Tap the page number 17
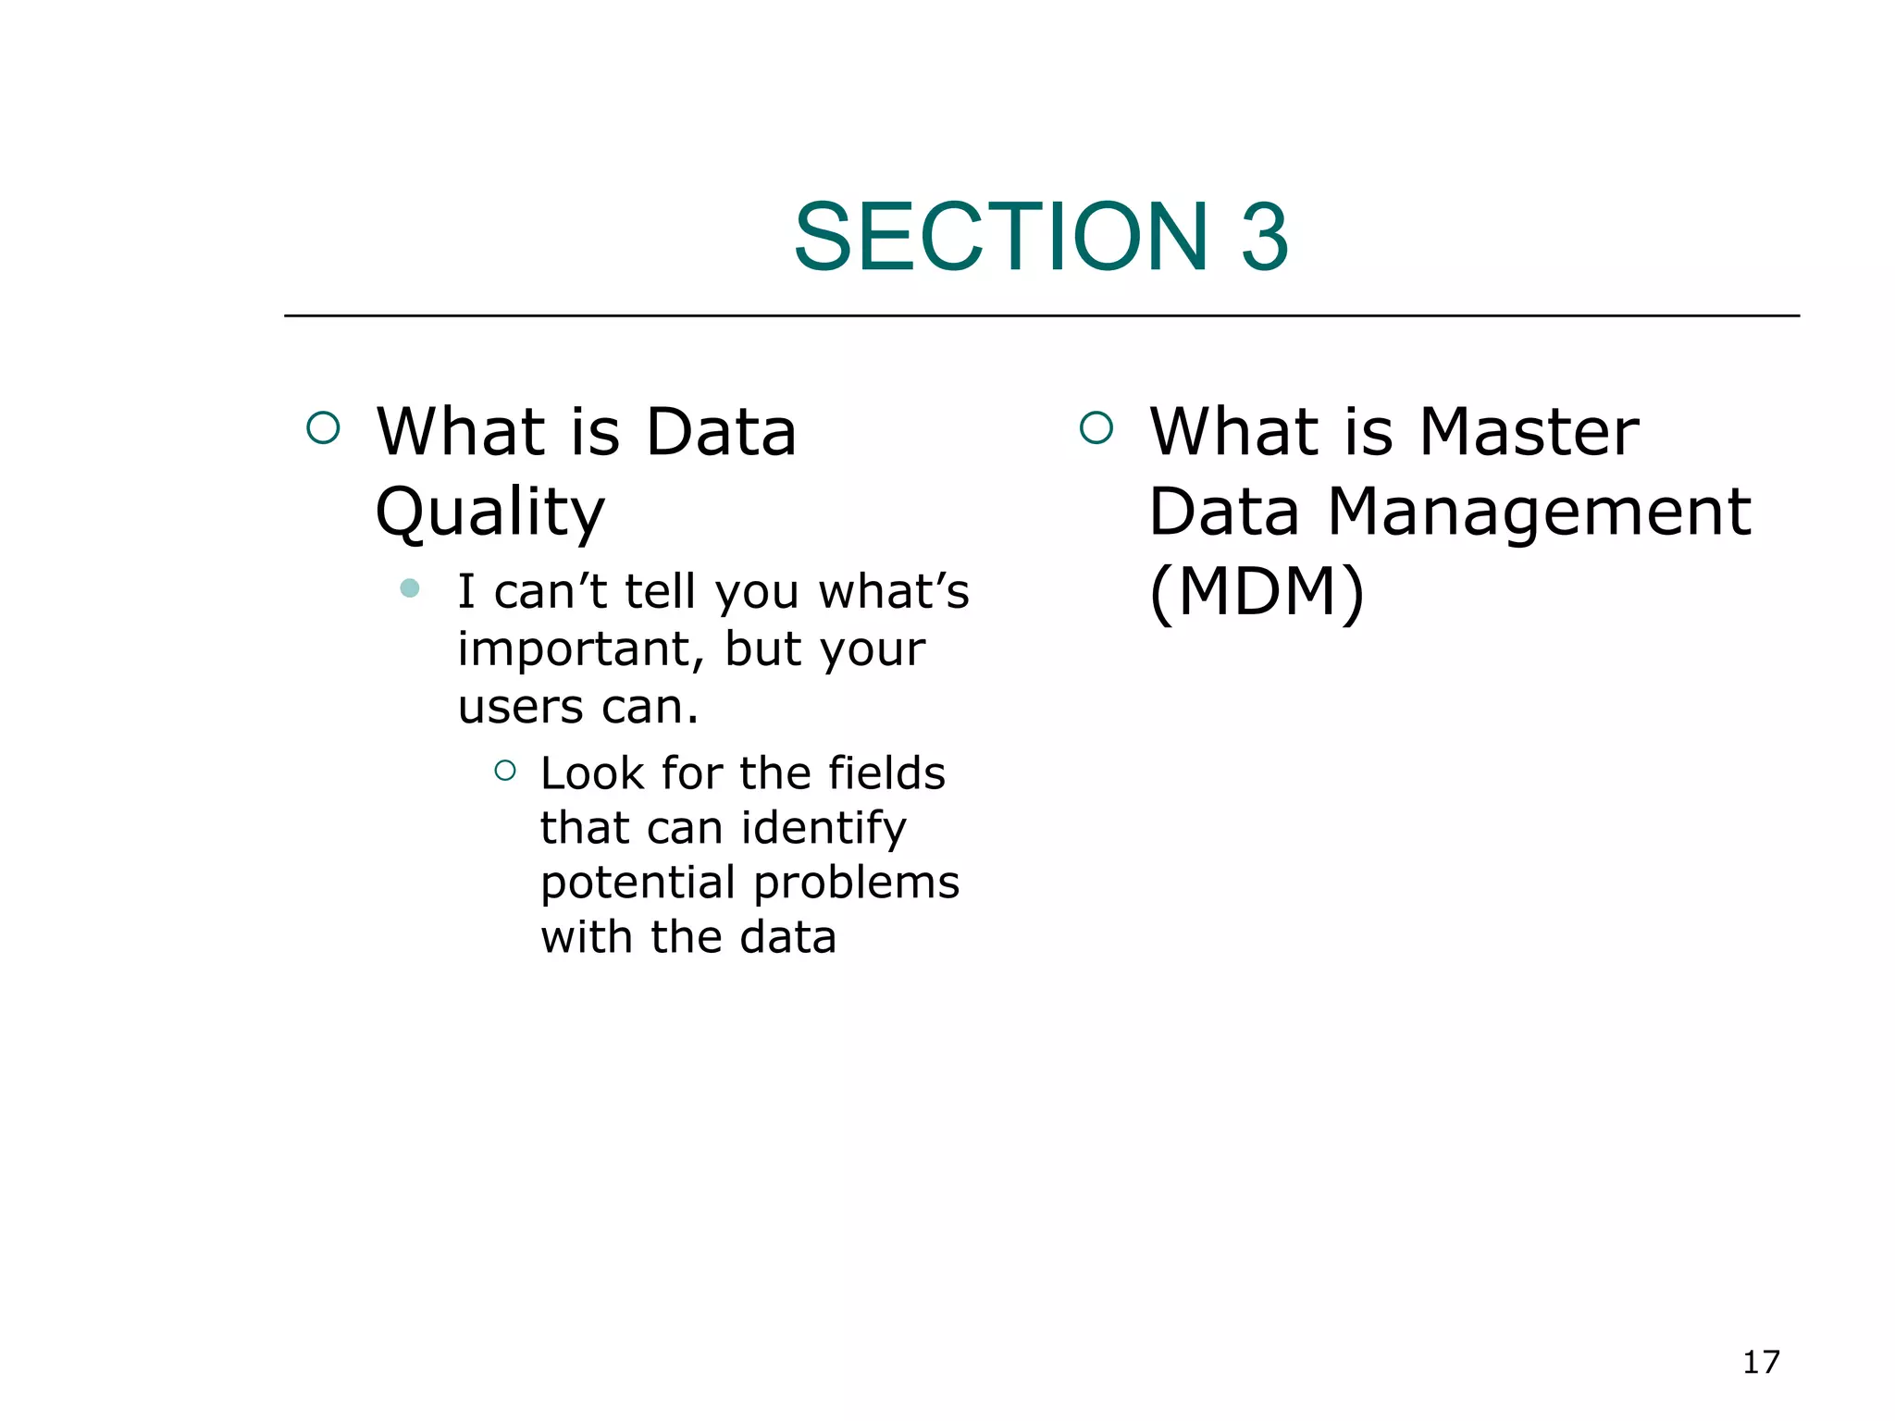click(x=1761, y=1362)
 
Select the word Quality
click(x=489, y=513)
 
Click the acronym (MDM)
click(x=1257, y=592)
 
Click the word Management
click(x=1539, y=512)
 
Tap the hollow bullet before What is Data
click(x=323, y=427)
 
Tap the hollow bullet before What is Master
click(x=1096, y=427)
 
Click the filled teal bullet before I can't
click(x=410, y=588)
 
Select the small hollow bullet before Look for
click(x=505, y=770)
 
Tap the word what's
click(x=893, y=592)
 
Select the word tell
click(x=659, y=592)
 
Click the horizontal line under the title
click(x=1041, y=315)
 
